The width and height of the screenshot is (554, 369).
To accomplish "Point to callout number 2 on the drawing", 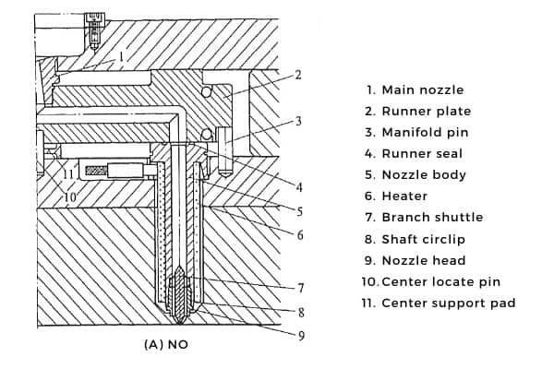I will click(298, 75).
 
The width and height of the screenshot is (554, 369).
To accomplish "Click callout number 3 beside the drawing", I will click(298, 121).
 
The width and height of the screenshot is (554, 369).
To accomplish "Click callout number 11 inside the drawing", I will click(68, 173).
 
